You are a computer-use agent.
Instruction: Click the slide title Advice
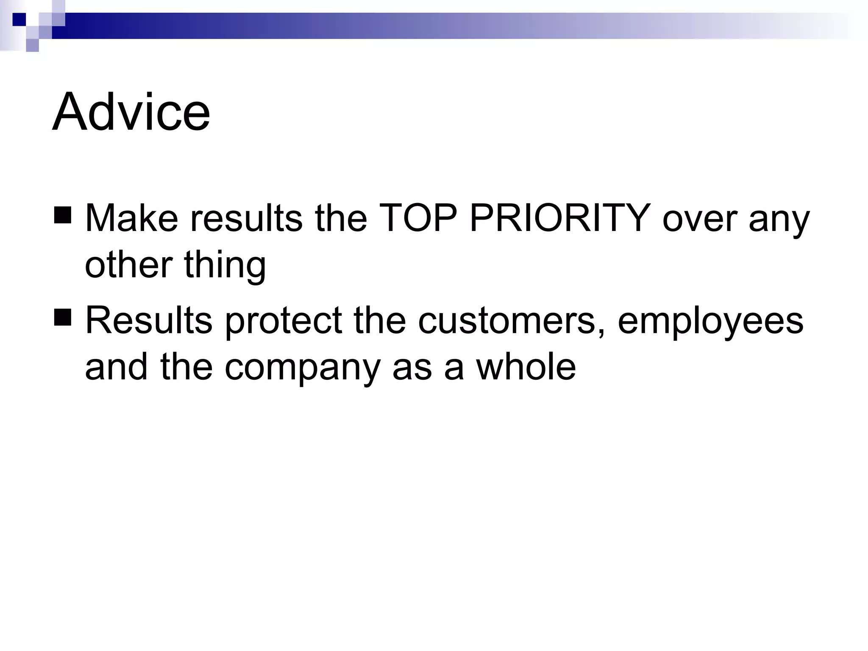[131, 112]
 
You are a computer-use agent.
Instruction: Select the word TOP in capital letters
[418, 218]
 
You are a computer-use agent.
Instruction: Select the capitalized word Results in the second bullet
[149, 320]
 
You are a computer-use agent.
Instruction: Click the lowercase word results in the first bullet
[246, 218]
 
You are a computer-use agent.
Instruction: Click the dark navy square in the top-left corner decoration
[19, 19]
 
